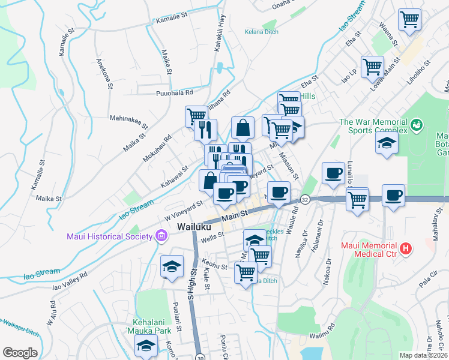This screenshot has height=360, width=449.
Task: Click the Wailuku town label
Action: point(195,227)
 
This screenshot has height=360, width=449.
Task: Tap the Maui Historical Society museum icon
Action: point(160,236)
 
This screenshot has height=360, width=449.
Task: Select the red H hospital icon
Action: point(406,248)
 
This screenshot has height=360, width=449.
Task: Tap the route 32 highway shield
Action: point(305,199)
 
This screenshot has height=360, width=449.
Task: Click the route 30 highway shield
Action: point(199,357)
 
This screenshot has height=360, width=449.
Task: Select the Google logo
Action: point(20,353)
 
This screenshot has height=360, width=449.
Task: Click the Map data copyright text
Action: point(423,355)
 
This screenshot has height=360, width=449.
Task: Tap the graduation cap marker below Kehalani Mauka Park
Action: point(145,346)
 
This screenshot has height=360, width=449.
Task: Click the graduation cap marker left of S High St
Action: point(172,265)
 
